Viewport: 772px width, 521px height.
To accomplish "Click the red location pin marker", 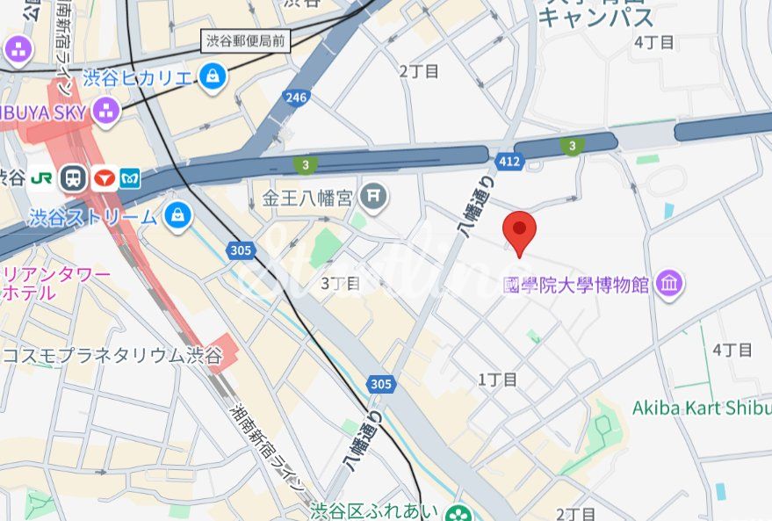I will (519, 231).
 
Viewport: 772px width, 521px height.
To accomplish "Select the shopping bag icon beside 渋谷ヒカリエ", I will (213, 77).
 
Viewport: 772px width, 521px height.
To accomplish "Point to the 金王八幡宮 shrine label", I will (307, 196).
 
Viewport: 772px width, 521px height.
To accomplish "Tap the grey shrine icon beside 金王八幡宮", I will (375, 195).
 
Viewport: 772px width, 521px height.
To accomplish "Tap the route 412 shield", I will (509, 162).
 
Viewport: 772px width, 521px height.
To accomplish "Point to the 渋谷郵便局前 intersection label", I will (245, 40).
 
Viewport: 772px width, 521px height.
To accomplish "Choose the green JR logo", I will (40, 177).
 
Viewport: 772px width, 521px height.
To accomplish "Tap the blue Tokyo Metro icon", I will (131, 177).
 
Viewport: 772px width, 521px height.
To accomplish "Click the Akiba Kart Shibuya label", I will (701, 409).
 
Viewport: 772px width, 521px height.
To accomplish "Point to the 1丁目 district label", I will (497, 380).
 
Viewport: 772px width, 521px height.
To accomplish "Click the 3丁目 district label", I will (341, 283).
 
